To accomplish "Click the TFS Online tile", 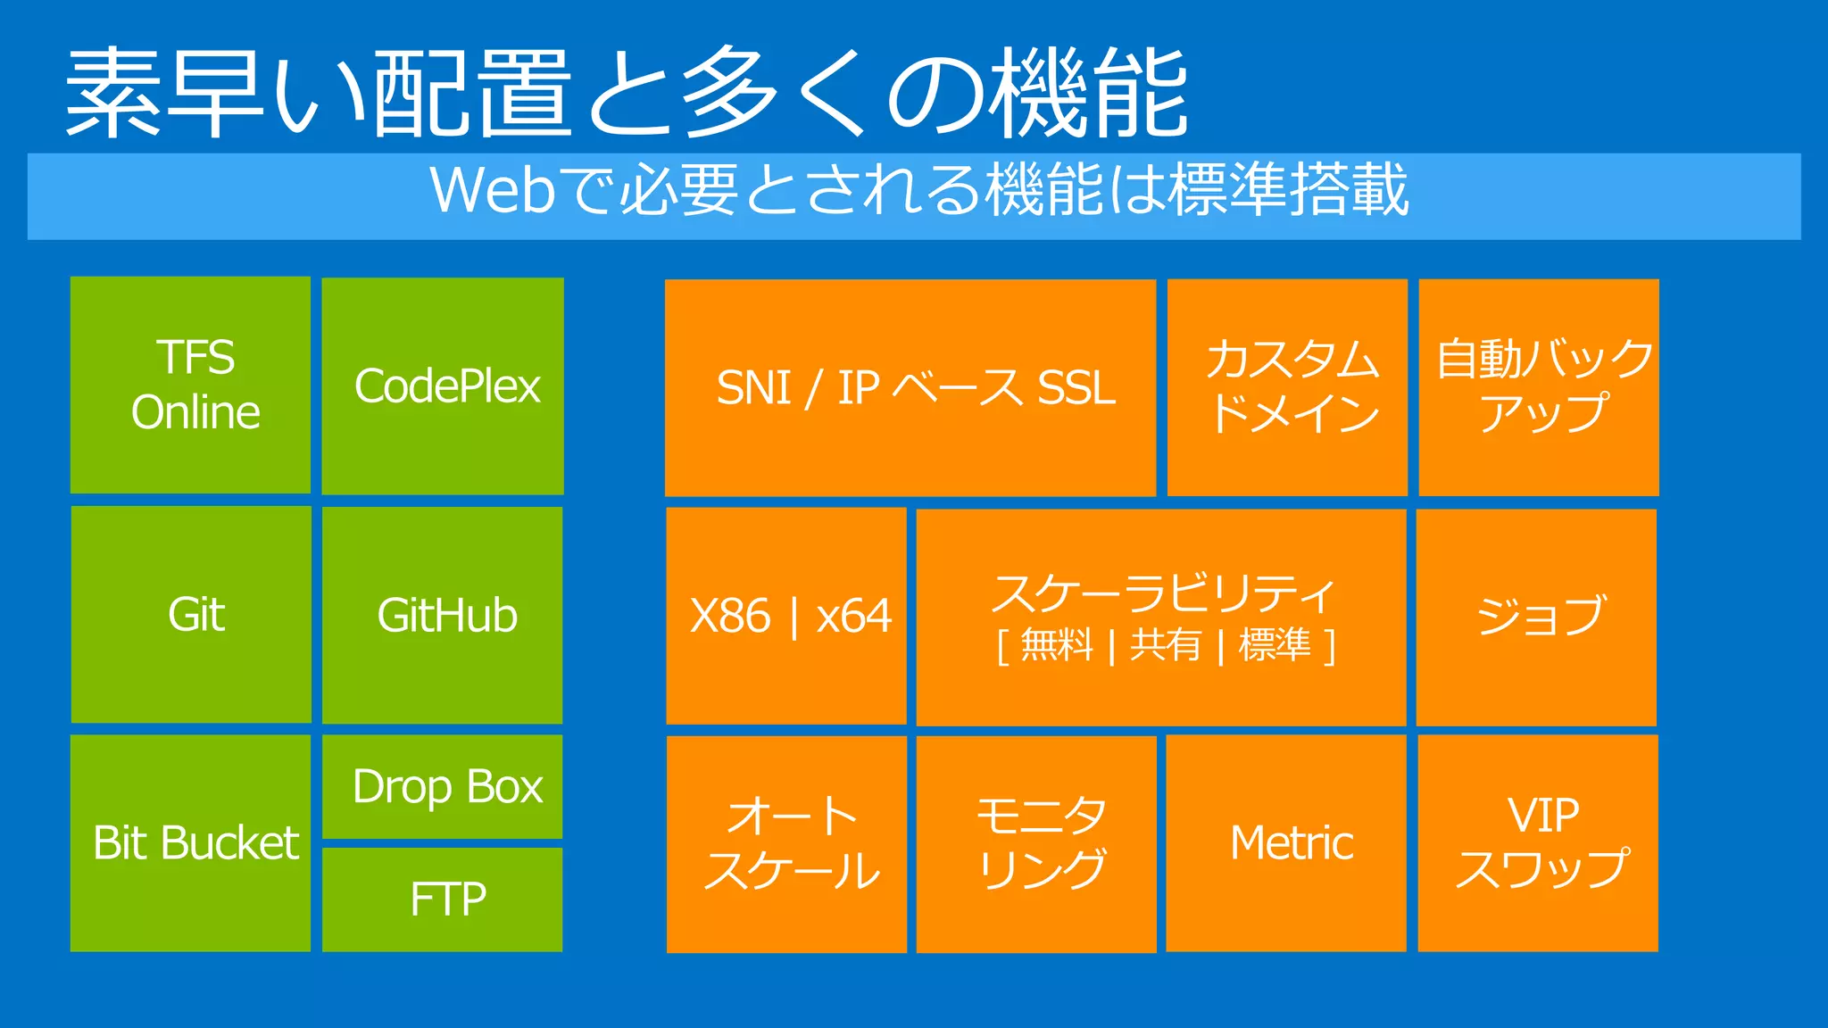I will click(x=190, y=385).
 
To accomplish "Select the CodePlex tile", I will click(x=443, y=385).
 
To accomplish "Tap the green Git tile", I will click(x=191, y=614).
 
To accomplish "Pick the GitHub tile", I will click(x=443, y=615).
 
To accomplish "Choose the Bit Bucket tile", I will click(x=190, y=843).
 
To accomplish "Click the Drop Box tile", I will click(x=443, y=786).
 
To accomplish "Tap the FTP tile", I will click(x=443, y=899).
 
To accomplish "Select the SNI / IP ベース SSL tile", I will click(x=910, y=387).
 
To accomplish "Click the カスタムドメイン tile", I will click(x=1287, y=387).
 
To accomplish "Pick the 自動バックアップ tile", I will click(x=1539, y=387).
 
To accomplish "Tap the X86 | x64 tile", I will click(x=786, y=616).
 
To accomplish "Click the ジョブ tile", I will click(x=1537, y=617).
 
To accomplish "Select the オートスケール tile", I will click(x=786, y=844).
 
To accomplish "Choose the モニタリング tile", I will click(x=1036, y=844).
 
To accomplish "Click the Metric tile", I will click(x=1286, y=843).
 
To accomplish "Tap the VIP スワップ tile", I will click(x=1538, y=843).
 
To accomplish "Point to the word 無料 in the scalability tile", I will click(x=1057, y=644).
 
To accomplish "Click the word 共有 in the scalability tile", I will click(x=1166, y=644).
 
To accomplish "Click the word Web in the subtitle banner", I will click(x=494, y=190).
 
